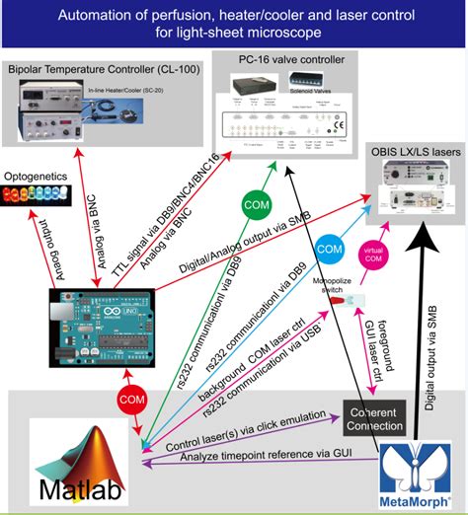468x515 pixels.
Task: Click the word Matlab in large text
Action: coord(70,490)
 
